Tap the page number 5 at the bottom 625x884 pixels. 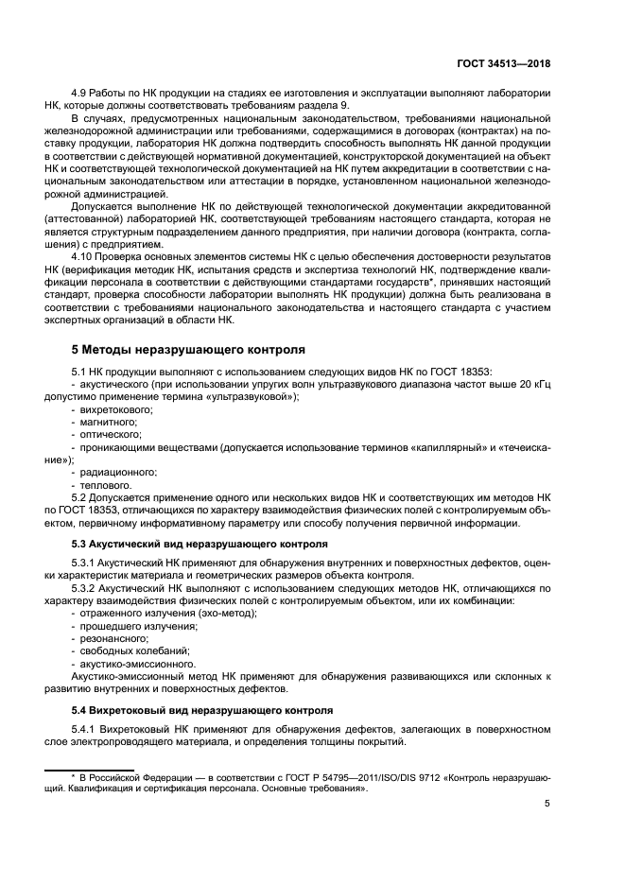[547, 805]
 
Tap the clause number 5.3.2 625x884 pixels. [88, 588]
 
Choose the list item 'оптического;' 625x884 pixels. [112, 434]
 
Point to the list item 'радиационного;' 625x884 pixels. [118, 471]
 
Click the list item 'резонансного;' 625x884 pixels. [114, 638]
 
